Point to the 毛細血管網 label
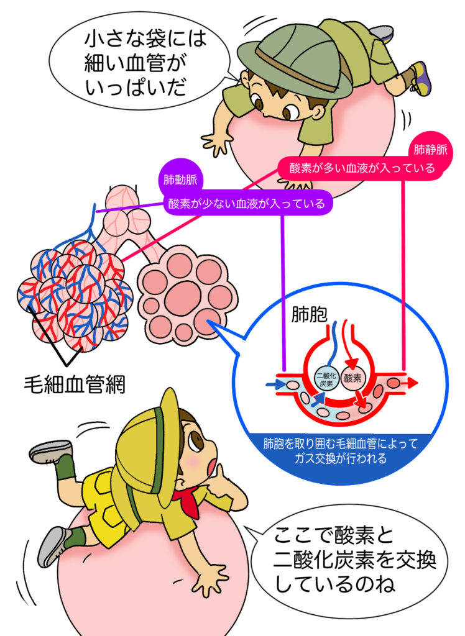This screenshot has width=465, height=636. [x=74, y=384]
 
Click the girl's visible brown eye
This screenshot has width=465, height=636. [x=197, y=441]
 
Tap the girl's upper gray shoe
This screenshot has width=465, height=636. [x=50, y=452]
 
